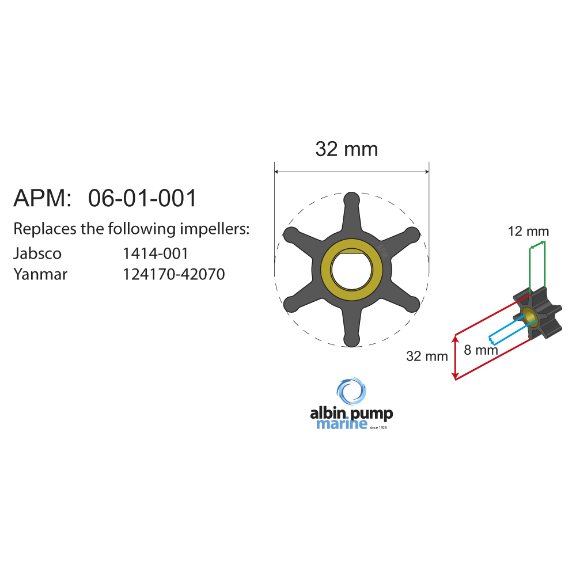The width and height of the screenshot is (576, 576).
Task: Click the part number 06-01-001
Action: coord(142,198)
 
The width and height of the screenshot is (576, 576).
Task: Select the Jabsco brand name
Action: coord(37,253)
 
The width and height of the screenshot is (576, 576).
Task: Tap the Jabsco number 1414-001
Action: coord(156,253)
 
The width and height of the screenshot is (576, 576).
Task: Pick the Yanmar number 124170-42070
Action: coord(174,274)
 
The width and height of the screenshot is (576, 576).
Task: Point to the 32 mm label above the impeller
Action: coord(346,150)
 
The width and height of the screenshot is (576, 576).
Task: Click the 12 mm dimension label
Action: coord(528,232)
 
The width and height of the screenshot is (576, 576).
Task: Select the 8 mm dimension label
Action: coord(480,349)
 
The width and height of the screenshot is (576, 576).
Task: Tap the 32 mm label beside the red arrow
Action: coord(427,356)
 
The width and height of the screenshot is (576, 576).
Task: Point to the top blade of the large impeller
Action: coord(351,210)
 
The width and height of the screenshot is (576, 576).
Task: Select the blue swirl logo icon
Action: coord(351,392)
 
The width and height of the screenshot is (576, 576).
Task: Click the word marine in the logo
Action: coord(342,425)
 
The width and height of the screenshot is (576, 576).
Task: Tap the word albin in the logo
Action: coord(327,413)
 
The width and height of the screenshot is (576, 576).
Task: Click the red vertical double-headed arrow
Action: coord(456,357)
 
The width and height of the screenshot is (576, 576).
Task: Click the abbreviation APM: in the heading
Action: coord(42,198)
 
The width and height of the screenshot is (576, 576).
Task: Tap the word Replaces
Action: coord(44,229)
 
